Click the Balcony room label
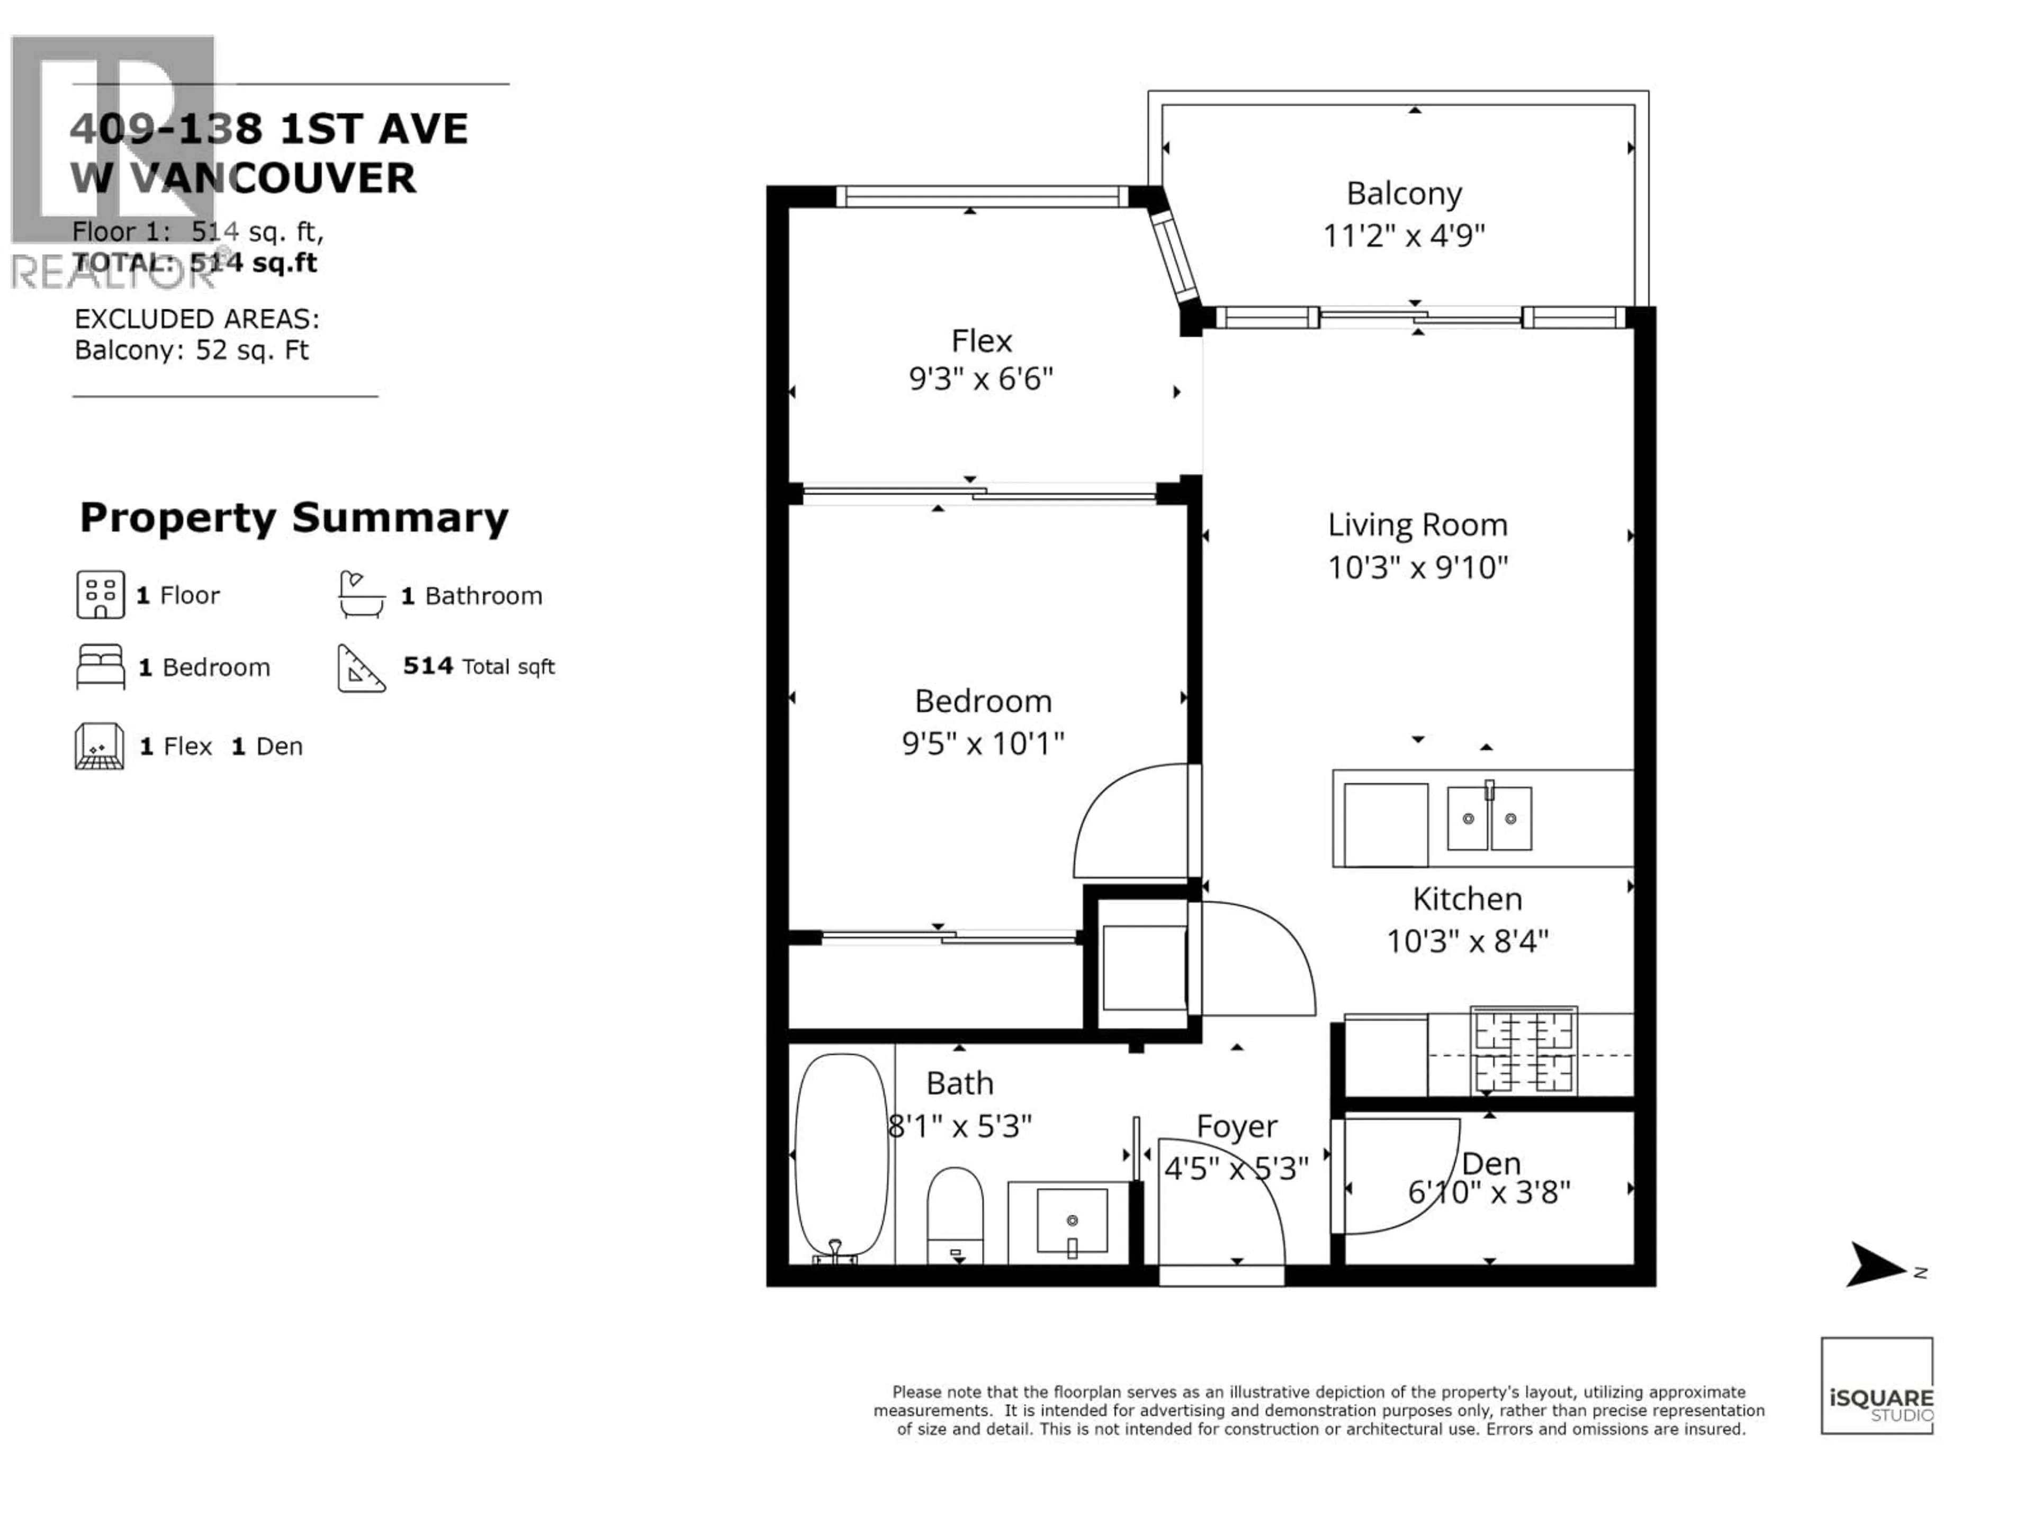pos(1404,194)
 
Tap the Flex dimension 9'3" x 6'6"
pos(980,379)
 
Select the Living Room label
pos(1417,525)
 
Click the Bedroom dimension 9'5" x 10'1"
pos(983,743)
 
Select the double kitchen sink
pos(1489,817)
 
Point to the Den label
pos(1491,1164)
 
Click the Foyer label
pos(1236,1127)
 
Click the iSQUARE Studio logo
pos(1877,1385)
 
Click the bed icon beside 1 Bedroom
pos(100,667)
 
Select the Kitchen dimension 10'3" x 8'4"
pos(1467,941)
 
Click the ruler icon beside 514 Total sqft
pos(361,668)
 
